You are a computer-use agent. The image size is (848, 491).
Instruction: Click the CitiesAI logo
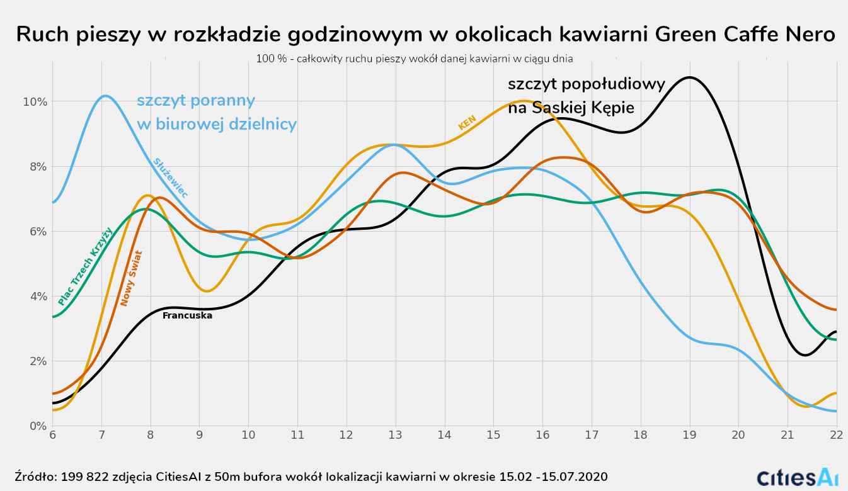coord(797,477)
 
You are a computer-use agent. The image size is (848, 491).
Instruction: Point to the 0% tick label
coord(38,426)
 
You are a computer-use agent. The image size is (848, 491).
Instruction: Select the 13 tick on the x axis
coord(396,436)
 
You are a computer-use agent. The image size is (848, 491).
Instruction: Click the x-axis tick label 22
coord(836,436)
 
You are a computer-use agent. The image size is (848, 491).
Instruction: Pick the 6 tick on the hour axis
coord(52,436)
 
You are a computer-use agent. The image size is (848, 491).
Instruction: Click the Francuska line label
coord(187,315)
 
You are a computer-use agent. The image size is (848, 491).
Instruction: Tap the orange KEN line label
coord(467,122)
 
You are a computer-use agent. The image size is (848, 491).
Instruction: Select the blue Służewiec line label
coord(170,178)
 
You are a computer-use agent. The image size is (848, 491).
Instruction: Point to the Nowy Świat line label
coord(132,278)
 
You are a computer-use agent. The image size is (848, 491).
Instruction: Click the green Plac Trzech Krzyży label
coord(85,266)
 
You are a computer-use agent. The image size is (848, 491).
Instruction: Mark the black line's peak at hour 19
coord(690,77)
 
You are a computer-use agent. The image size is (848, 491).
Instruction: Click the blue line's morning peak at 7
coord(105,96)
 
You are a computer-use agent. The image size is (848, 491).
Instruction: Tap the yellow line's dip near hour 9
coord(208,290)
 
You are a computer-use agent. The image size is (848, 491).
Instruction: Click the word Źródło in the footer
coord(35,477)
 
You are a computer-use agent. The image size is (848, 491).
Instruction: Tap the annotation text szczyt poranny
coord(196,101)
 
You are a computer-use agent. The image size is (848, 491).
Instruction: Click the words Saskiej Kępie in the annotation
coord(582,108)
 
